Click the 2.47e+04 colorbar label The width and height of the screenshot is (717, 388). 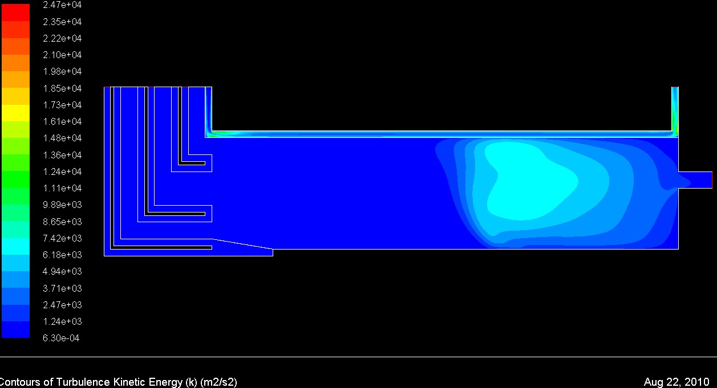62,5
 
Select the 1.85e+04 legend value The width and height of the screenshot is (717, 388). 62,88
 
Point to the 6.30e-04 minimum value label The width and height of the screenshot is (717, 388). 61,338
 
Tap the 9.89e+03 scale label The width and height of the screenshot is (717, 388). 62,205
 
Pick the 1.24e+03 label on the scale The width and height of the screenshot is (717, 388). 62,321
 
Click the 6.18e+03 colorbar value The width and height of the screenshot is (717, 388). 62,255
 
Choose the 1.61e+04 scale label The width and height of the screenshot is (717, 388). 62,121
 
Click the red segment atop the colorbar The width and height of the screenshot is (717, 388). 15,13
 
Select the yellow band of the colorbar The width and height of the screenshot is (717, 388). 15,113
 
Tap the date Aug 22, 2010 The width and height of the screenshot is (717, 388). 677,382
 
